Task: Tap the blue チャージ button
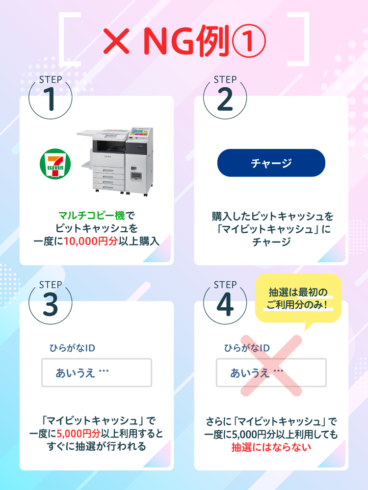[x=271, y=163]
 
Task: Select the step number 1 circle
[x=51, y=98]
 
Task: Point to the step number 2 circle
[x=225, y=98]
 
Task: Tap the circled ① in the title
[x=248, y=41]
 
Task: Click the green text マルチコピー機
[x=91, y=215]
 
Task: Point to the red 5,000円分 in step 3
[x=79, y=434]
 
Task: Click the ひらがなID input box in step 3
[x=96, y=373]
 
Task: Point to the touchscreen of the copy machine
[x=141, y=133]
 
